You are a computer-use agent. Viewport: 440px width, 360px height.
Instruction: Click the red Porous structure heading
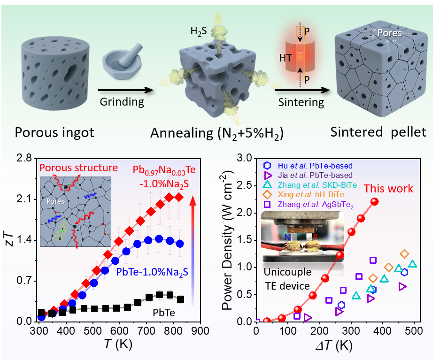[79, 168]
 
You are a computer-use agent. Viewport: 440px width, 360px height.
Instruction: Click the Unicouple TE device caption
[286, 279]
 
